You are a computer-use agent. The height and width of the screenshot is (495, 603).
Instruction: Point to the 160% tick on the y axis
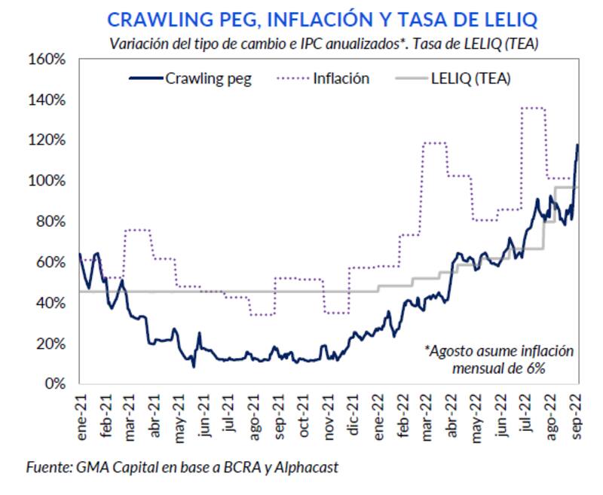tap(47, 60)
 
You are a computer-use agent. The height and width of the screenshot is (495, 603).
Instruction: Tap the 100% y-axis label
tap(47, 181)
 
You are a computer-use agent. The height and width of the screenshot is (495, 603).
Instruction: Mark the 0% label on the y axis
tap(54, 383)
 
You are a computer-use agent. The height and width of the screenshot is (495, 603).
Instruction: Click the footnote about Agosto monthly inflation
tap(498, 359)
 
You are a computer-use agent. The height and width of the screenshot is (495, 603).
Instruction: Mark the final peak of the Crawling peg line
tap(577, 145)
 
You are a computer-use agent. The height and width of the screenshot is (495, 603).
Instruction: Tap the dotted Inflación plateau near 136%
tap(532, 108)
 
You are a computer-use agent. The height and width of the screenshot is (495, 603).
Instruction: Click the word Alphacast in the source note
tap(317, 468)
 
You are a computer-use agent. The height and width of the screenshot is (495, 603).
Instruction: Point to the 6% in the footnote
tap(536, 368)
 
